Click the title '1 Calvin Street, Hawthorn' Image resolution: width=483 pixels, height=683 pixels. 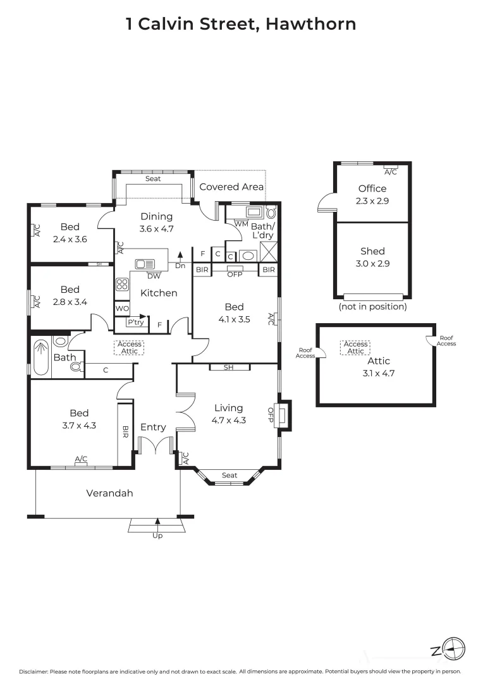241,24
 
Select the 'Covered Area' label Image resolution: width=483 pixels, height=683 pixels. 231,187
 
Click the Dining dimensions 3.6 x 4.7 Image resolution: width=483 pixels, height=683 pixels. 156,229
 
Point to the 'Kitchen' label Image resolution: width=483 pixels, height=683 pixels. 158,293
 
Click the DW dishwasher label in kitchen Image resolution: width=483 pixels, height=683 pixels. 153,276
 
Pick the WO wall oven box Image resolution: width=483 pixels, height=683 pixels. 122,309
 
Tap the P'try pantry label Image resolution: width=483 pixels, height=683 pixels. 135,323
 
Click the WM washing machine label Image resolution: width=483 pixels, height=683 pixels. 241,223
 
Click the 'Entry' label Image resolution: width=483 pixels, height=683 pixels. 153,427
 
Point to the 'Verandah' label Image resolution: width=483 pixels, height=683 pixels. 109,493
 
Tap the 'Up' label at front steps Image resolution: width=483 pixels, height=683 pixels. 157,536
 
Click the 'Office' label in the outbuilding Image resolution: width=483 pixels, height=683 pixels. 372,188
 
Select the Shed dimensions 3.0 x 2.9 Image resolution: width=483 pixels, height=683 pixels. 372,263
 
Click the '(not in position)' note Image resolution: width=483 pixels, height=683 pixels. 372,307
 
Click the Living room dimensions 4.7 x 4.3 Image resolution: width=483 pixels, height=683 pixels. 228,420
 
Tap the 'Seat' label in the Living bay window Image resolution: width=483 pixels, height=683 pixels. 229,476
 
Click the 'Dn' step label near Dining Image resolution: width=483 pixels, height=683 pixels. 180,266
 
